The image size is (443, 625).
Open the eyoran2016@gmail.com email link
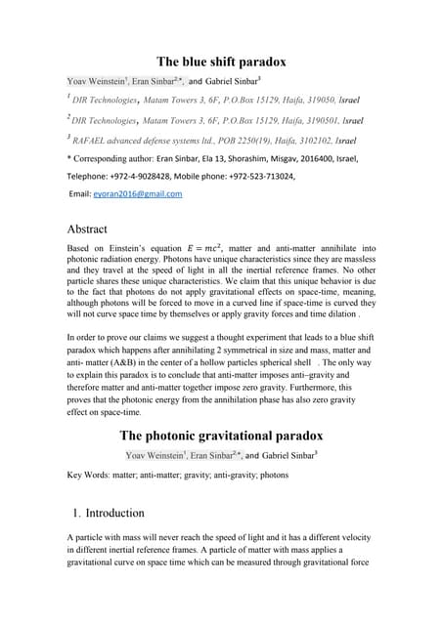138,193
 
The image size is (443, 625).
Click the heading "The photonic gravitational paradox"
221,436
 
